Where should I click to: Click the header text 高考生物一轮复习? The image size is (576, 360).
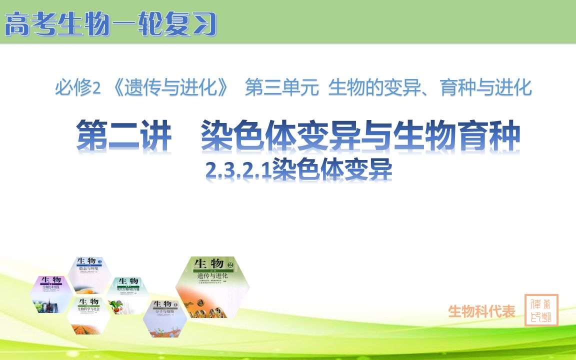pos(111,24)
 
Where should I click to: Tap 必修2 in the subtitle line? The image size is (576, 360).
pos(77,89)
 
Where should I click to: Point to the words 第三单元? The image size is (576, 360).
pos(282,89)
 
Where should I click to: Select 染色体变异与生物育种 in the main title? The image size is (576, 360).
pos(360,136)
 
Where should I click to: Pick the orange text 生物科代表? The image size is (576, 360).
pos(481,311)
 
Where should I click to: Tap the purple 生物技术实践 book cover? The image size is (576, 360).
pos(52,294)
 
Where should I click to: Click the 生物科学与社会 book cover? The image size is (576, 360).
pos(89,314)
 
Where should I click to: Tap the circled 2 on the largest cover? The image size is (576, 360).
pos(230,264)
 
